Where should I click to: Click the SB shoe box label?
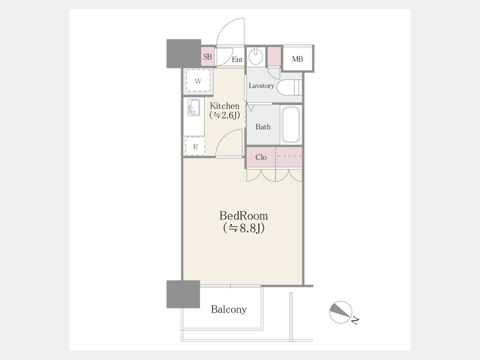pos(207,57)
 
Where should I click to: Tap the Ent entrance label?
pos(237,60)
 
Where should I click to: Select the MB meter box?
pos(298,59)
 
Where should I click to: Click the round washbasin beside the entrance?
pos(255,56)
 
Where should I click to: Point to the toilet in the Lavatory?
pos(289,87)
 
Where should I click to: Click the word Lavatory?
pos(261,86)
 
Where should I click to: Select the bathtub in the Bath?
pos(291,125)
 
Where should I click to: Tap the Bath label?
pos(263,127)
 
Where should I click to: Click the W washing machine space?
pos(198,81)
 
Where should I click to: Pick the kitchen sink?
pos(194,107)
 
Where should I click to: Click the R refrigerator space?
pos(195,147)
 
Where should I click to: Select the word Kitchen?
pos(225,106)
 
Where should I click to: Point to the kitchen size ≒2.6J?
pos(225,115)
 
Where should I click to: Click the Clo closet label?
pos(261,157)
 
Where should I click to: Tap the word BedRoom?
pos(244,216)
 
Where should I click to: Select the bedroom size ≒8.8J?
pos(244,228)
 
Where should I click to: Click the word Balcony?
pos(229,309)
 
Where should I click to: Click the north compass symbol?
pos(341,312)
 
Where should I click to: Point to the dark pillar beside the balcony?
pos(183,294)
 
